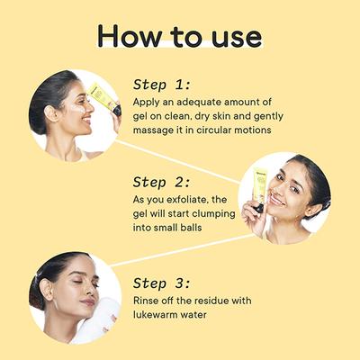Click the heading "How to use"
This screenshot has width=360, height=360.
pos(179,36)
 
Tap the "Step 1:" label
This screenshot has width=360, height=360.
pos(162,85)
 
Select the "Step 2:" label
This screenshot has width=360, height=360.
pos(162,182)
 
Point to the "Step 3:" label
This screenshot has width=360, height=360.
pos(162,283)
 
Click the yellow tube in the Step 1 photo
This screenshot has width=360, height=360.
pos(105,99)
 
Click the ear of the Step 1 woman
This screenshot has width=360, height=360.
pos(49,113)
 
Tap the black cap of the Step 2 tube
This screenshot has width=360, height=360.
pos(258,208)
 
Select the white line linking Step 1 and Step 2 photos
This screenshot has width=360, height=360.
pos(178,162)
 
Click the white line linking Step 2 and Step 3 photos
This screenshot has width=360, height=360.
pos(184,250)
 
